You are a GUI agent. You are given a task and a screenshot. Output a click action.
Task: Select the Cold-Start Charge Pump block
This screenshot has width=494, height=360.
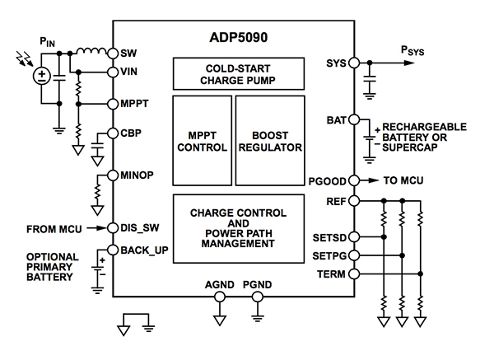click(x=235, y=73)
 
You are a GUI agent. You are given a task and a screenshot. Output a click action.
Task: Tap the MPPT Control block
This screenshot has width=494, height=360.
click(x=202, y=141)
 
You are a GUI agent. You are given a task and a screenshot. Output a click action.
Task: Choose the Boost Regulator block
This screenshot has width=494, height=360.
click(x=268, y=141)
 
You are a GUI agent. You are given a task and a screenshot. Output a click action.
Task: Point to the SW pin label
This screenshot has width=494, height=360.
click(x=128, y=53)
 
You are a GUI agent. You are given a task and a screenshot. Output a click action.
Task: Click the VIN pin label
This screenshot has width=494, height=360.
click(x=129, y=72)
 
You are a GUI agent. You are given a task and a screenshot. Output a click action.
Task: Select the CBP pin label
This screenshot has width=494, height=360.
click(x=131, y=133)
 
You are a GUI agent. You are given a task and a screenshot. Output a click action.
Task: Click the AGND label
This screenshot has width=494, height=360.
click(x=220, y=285)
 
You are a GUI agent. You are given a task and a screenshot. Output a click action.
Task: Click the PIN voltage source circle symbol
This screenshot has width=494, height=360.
click(x=40, y=77)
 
